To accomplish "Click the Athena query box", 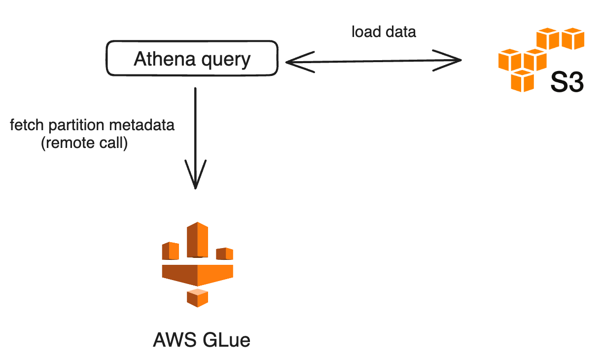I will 192,59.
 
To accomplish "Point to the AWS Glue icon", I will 197,264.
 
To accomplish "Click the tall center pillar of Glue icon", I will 197,240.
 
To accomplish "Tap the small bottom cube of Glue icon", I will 197,297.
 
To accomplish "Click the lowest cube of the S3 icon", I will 523,80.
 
